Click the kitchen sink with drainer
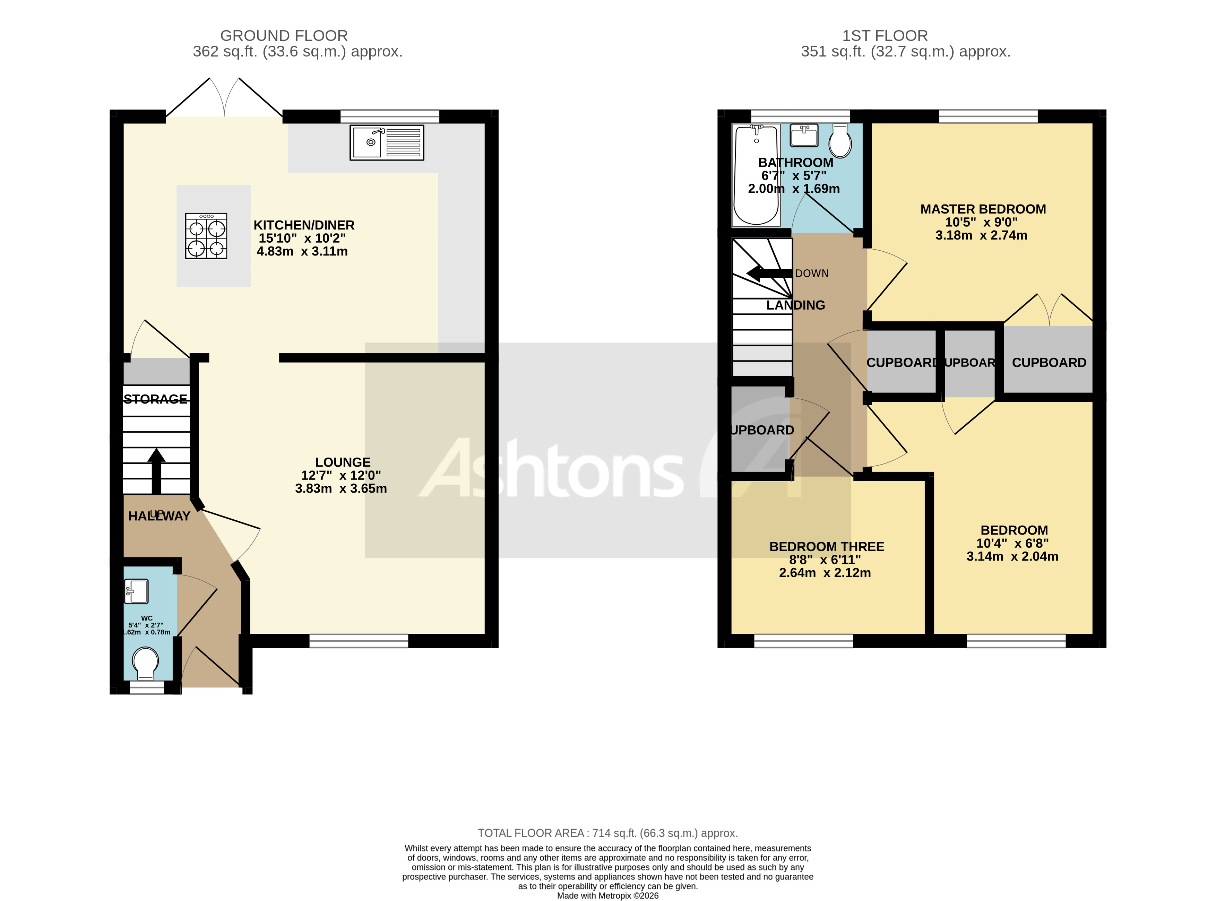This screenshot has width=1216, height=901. (x=387, y=142)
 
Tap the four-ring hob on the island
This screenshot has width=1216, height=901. (x=206, y=236)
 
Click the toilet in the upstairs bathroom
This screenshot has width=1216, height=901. (x=839, y=141)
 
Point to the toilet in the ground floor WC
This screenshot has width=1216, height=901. (x=145, y=662)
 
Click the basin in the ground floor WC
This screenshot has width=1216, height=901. (x=136, y=591)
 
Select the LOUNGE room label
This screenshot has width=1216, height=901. (x=343, y=462)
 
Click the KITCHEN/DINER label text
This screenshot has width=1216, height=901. (x=304, y=225)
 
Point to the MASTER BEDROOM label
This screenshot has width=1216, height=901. (x=983, y=209)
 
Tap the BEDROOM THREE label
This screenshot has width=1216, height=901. (x=826, y=546)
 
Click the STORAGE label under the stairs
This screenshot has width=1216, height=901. (x=155, y=399)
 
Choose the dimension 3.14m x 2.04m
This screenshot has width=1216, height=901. (x=1012, y=556)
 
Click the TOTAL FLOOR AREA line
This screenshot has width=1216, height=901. (x=607, y=833)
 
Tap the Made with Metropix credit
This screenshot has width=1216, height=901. (x=607, y=895)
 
